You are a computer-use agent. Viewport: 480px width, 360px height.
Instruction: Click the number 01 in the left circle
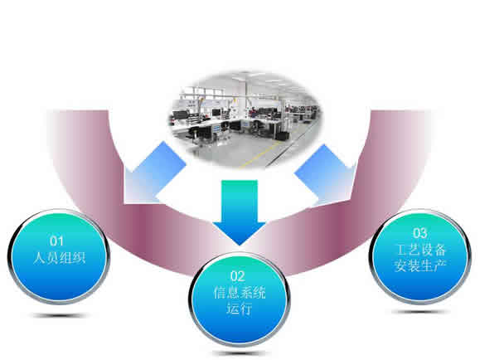point(56,241)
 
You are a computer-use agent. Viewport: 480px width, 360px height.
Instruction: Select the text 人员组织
point(59,257)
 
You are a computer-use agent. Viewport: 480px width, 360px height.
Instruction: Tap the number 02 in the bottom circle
point(238,276)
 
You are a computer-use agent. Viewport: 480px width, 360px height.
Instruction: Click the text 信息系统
point(240,293)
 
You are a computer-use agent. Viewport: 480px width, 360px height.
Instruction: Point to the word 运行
point(239,309)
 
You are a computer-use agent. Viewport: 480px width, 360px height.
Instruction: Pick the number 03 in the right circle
point(419,233)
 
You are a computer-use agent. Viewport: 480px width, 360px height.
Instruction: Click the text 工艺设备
point(421,250)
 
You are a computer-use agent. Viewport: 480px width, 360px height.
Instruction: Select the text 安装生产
point(420,265)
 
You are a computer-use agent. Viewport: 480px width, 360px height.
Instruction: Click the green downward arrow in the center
point(240,212)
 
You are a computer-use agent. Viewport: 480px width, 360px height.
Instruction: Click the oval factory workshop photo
point(245,119)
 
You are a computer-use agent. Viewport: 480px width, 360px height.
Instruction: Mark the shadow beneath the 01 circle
point(59,315)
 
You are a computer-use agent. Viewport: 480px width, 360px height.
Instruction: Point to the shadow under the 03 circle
point(419,312)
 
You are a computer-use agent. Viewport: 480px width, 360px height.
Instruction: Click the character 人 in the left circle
point(40,257)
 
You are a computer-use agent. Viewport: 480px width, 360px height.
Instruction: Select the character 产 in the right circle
point(440,265)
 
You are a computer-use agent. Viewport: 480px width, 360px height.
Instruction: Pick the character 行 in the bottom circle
point(246,309)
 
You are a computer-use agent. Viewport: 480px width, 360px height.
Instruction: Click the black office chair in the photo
point(193,133)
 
